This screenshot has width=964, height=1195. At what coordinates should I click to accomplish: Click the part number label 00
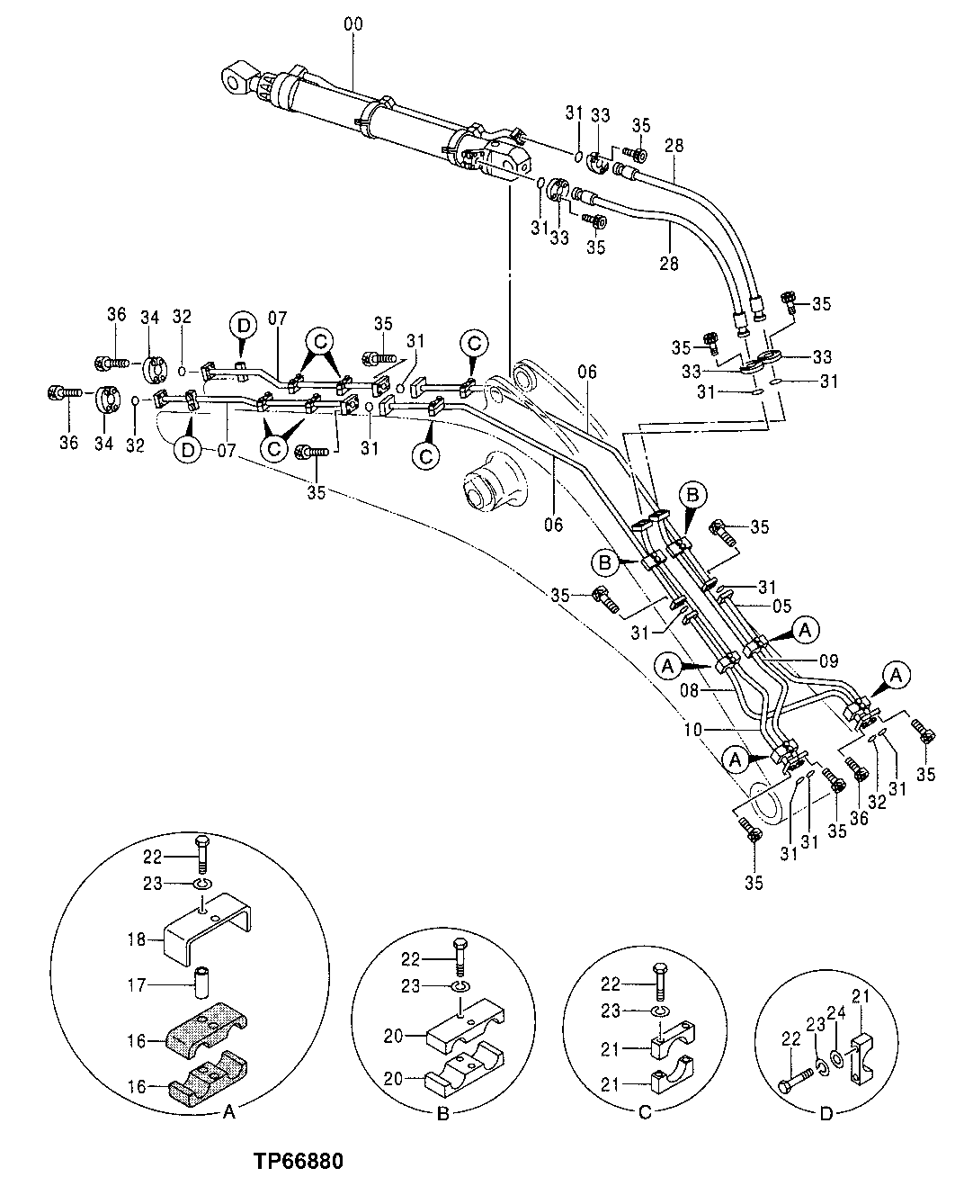tap(353, 25)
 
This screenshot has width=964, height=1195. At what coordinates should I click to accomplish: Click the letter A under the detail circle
tap(228, 1113)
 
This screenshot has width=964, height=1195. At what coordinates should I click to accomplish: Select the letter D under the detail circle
tap(826, 1113)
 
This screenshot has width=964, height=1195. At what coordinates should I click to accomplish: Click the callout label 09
tap(827, 660)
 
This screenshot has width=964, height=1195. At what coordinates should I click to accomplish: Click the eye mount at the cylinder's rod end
tap(237, 79)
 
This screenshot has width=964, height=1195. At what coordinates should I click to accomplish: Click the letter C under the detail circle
tap(644, 1113)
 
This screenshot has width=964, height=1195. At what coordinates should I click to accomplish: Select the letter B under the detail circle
tap(442, 1113)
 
